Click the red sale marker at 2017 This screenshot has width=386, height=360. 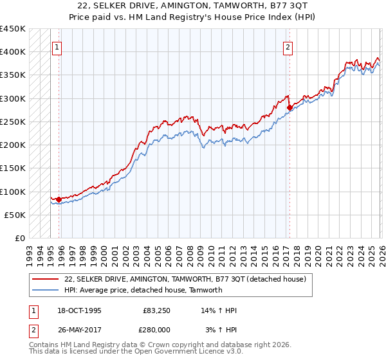coord(289,108)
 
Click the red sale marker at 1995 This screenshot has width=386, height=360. coord(59,199)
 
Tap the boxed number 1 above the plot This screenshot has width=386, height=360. coord(57,46)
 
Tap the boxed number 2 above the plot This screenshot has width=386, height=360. coord(288,46)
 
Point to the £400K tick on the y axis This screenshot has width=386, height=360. coord(12,52)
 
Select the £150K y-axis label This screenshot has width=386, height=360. coord(12,168)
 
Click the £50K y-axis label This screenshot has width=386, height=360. coord(15,215)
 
